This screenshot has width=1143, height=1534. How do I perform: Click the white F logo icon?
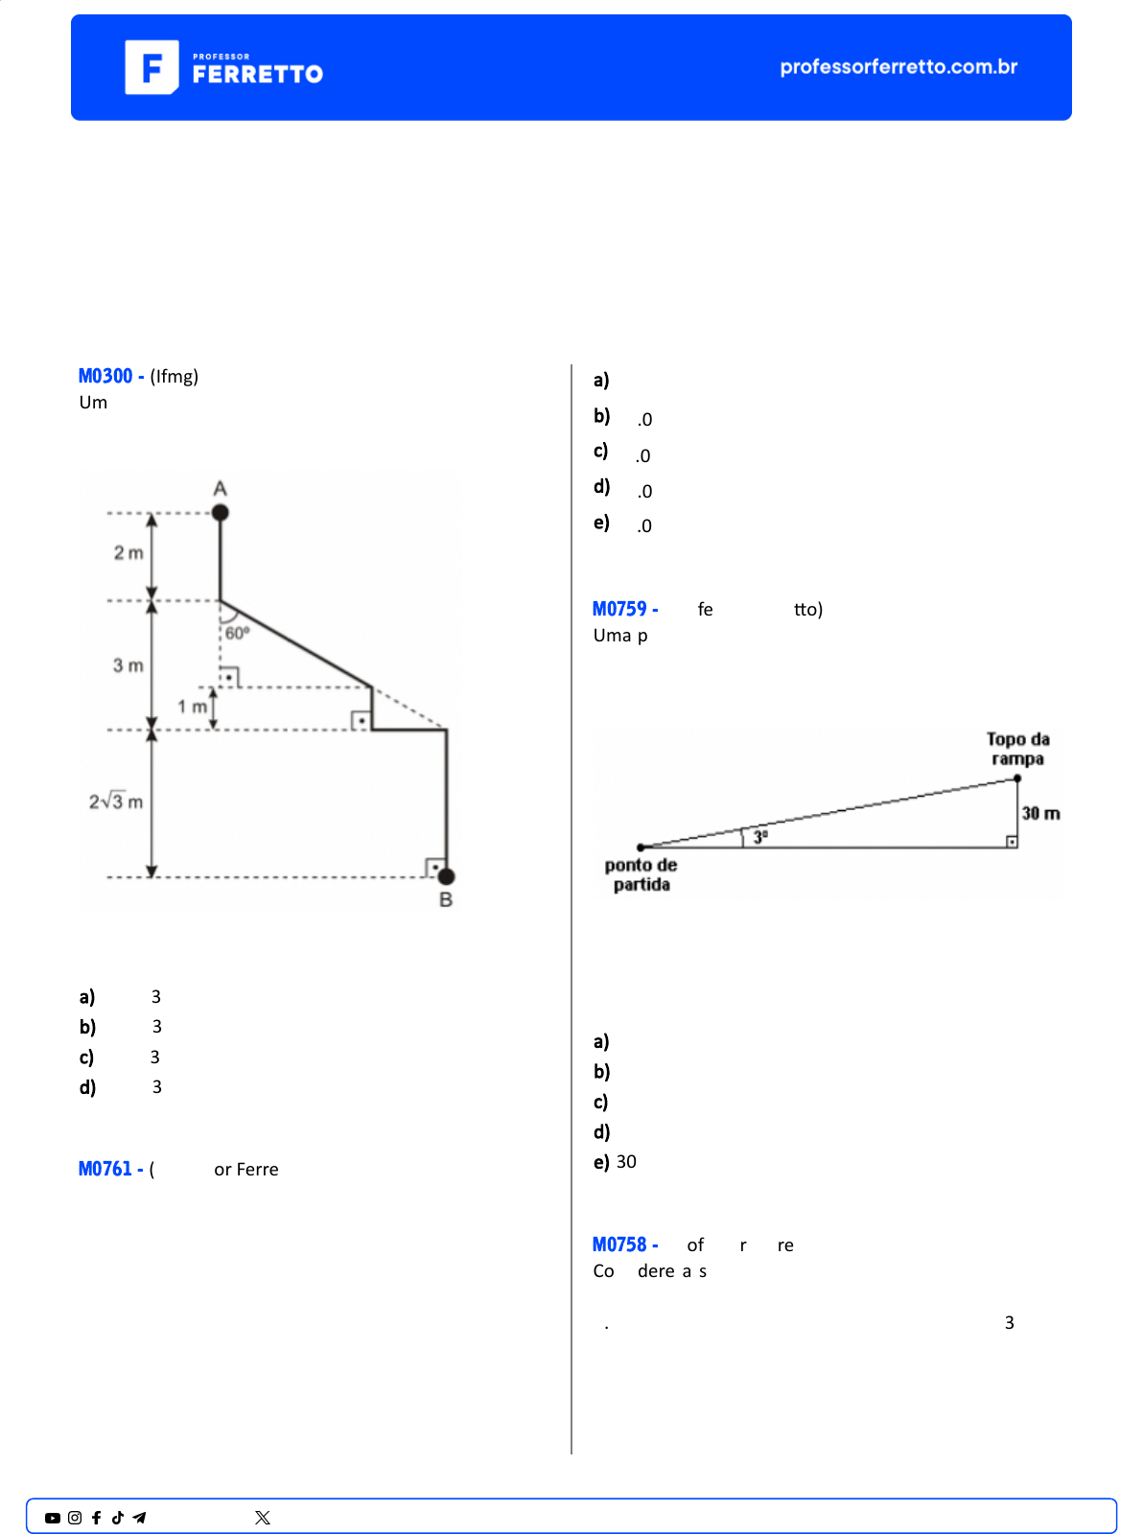pyautogui.click(x=152, y=67)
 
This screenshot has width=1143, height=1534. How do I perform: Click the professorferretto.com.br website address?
pyautogui.click(x=898, y=67)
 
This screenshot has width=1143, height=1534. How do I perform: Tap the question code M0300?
pyautogui.click(x=105, y=376)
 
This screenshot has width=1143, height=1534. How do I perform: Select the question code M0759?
pyautogui.click(x=618, y=609)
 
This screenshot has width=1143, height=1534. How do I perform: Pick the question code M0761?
pyautogui.click(x=105, y=1168)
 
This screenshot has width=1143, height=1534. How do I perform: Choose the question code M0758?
pyautogui.click(x=618, y=1244)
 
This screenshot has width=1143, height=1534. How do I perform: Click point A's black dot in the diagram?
pyautogui.click(x=220, y=513)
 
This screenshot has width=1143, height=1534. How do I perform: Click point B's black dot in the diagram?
pyautogui.click(x=446, y=876)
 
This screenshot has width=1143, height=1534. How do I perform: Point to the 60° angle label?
pyautogui.click(x=237, y=633)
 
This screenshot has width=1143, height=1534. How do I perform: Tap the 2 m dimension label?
pyautogui.click(x=128, y=552)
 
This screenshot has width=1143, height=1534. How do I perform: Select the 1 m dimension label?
pyautogui.click(x=192, y=707)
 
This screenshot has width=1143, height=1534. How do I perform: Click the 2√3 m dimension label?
pyautogui.click(x=115, y=801)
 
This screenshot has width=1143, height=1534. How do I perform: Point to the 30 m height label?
pyautogui.click(x=1040, y=813)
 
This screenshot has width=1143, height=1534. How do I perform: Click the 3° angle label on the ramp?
pyautogui.click(x=760, y=837)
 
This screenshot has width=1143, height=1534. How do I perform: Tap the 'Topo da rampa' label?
pyautogui.click(x=1017, y=749)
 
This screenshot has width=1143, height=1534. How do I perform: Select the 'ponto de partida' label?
pyautogui.click(x=641, y=874)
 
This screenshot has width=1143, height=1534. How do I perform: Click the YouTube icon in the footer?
pyautogui.click(x=53, y=1518)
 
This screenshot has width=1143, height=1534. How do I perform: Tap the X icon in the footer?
pyautogui.click(x=262, y=1518)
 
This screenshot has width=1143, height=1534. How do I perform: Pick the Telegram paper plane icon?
pyautogui.click(x=139, y=1518)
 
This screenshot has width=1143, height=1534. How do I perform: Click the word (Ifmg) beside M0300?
pyautogui.click(x=174, y=376)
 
